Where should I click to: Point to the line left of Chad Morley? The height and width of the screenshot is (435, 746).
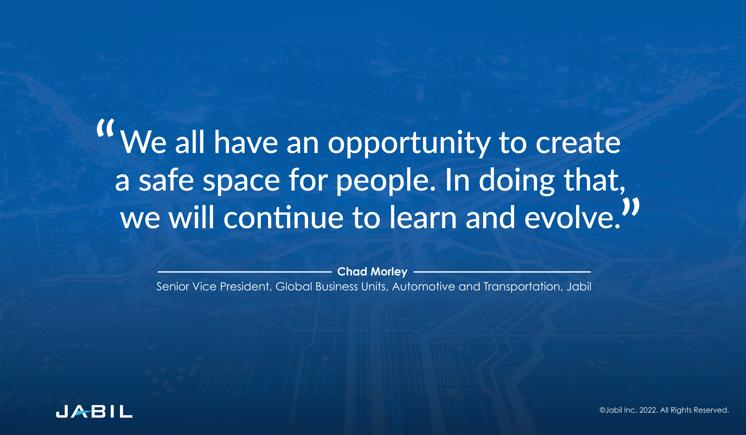point(244,272)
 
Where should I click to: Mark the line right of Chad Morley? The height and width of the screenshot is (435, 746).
point(502,272)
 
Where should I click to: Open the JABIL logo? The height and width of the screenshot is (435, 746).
point(94,412)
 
